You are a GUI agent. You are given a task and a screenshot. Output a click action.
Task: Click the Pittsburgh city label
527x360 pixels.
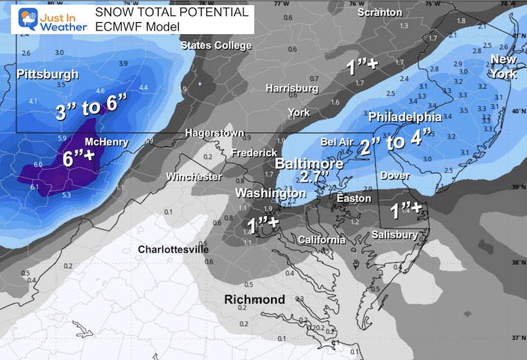click(47, 74)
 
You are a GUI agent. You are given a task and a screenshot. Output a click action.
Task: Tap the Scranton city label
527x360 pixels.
click(379, 12)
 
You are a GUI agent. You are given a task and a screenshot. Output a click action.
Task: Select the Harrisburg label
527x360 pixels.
click(292, 88)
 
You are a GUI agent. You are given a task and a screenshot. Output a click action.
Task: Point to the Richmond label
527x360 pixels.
click(254, 300)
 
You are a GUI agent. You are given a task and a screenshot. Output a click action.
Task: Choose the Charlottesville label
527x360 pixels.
click(173, 249)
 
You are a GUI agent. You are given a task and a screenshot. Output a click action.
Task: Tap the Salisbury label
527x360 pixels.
click(395, 235)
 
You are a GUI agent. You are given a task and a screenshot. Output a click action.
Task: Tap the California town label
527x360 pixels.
click(321, 240)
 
